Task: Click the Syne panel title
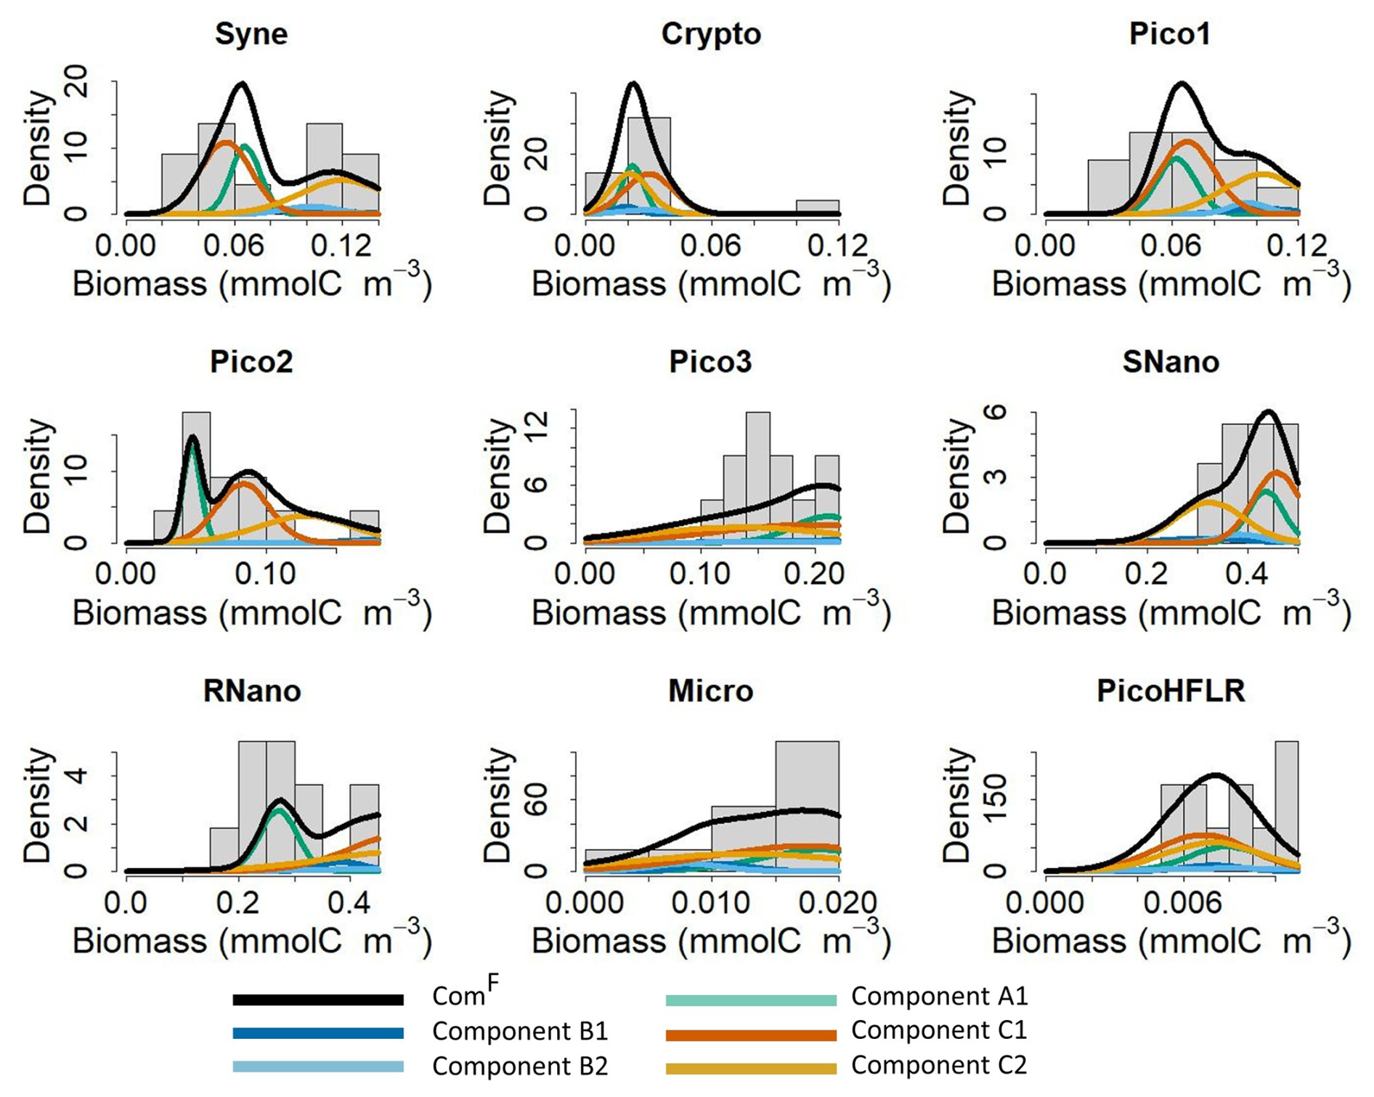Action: (251, 34)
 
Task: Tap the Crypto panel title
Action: (711, 34)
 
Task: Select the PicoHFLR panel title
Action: (1171, 691)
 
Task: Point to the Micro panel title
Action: (711, 691)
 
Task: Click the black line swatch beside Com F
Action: (318, 1000)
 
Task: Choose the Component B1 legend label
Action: (520, 1032)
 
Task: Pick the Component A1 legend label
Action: (940, 996)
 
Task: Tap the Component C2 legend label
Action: (939, 1066)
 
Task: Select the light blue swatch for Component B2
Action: (318, 1067)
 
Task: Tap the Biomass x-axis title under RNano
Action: (251, 942)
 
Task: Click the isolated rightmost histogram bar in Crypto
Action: (818, 207)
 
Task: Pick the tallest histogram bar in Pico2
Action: (196, 477)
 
